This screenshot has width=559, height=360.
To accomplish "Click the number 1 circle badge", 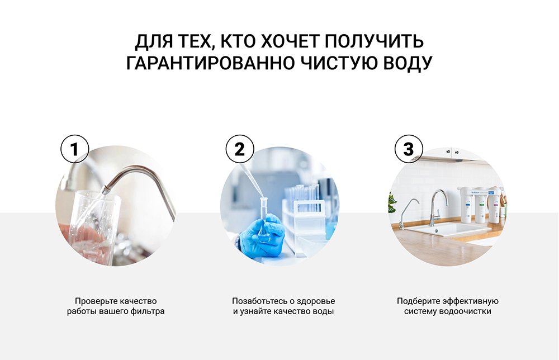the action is point(74,149).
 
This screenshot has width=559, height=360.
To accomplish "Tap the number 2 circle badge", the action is point(240,149).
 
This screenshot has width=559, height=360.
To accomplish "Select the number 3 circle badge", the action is point(409,149).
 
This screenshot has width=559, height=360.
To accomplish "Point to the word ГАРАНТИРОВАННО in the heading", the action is point(211,63).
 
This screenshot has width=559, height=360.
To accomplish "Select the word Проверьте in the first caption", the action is point(96,301).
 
